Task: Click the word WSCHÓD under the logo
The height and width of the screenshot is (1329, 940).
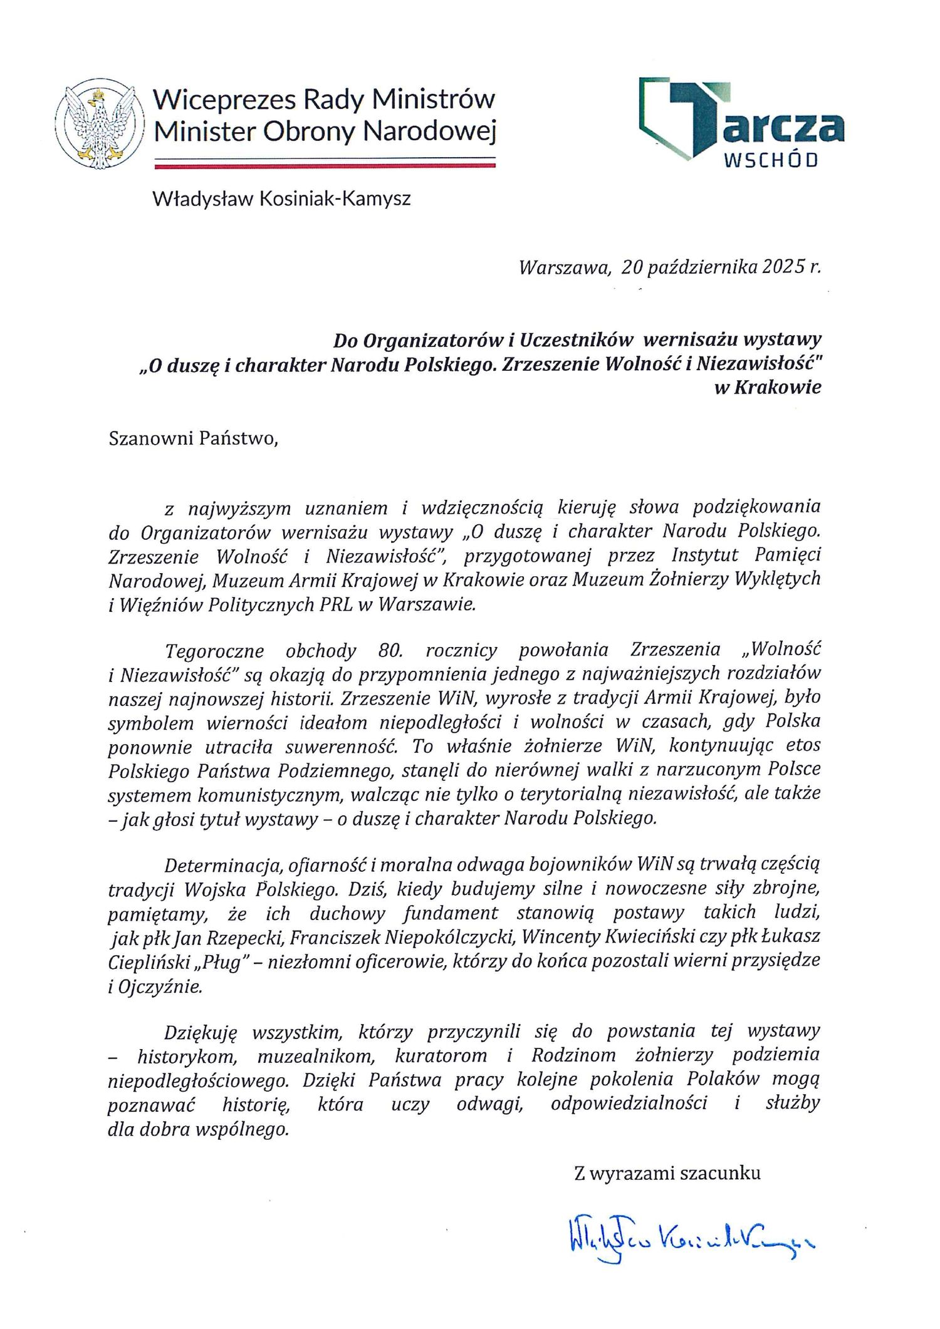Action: [x=771, y=160]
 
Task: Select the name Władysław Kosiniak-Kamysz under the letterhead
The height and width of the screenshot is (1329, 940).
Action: [x=281, y=200]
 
